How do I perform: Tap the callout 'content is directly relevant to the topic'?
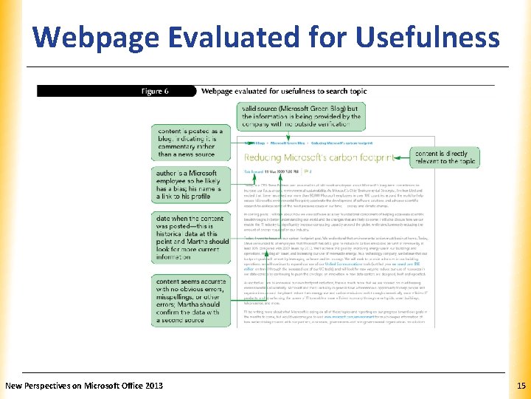(x=445, y=157)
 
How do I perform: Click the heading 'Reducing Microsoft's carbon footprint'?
(x=316, y=157)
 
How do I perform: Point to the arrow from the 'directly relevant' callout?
(x=399, y=157)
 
